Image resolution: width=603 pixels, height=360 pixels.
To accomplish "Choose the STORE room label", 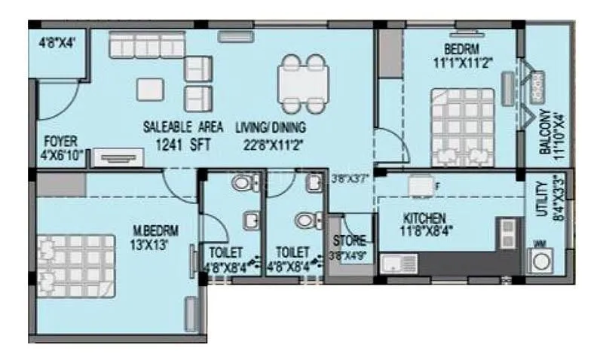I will click(350, 241).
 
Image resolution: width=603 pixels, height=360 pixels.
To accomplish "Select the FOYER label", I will click(58, 141).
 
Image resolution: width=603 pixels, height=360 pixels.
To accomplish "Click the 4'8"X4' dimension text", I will click(58, 44).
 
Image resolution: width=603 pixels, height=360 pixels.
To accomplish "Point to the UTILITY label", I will click(540, 197).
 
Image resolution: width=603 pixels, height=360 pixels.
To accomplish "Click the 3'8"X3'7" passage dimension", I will click(350, 178).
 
